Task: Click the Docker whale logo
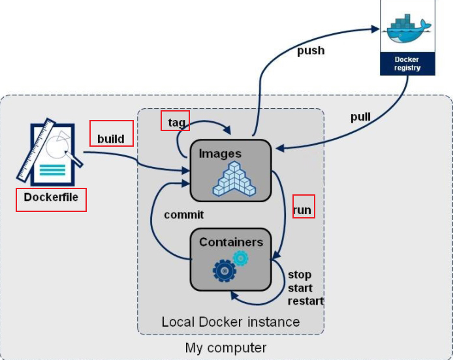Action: pyautogui.click(x=409, y=28)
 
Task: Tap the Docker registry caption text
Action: pyautogui.click(x=407, y=63)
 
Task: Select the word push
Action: pyautogui.click(x=311, y=51)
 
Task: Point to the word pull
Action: pyautogui.click(x=361, y=117)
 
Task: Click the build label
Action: pyautogui.click(x=111, y=139)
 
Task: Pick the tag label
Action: pyautogui.click(x=176, y=123)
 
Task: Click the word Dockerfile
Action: pyautogui.click(x=51, y=197)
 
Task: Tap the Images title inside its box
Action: pyautogui.click(x=220, y=154)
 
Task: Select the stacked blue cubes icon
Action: pyautogui.click(x=234, y=179)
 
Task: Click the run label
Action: pyautogui.click(x=302, y=210)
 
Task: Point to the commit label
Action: pyautogui.click(x=183, y=215)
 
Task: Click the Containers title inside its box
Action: pyautogui.click(x=231, y=242)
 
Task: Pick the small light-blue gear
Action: pyautogui.click(x=241, y=258)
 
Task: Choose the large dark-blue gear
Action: pyautogui.click(x=225, y=271)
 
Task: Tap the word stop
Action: pyautogui.click(x=300, y=275)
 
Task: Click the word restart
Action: pyautogui.click(x=306, y=301)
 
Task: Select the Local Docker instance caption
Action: pyautogui.click(x=230, y=322)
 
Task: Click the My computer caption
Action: pyautogui.click(x=226, y=348)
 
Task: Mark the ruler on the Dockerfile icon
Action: pyautogui.click(x=36, y=151)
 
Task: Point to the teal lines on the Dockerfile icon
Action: pyautogui.click(x=52, y=170)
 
